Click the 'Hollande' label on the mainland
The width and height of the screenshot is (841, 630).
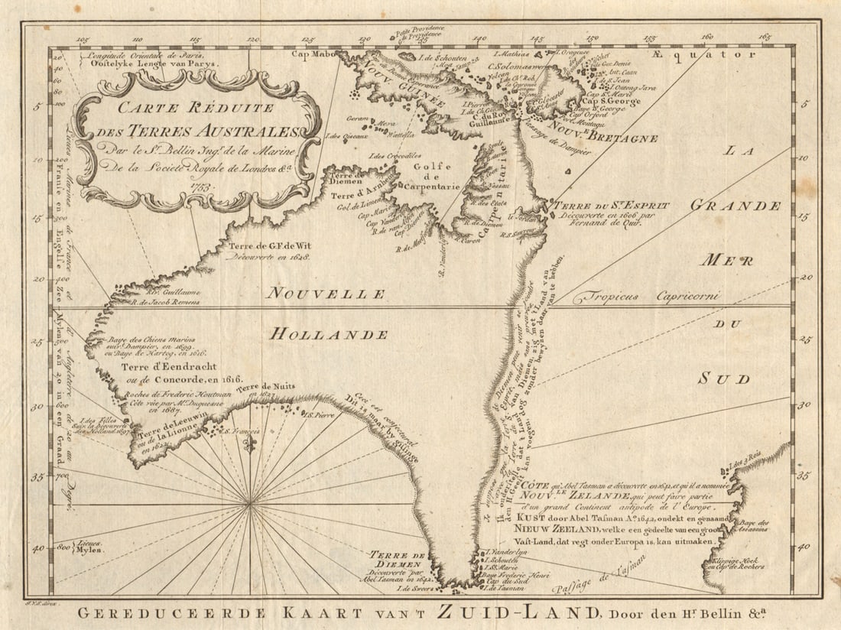coord(330,334)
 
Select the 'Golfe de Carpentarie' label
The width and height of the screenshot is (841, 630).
coord(436,174)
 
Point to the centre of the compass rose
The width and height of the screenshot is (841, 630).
coord(251,503)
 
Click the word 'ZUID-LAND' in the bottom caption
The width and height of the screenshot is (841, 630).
coord(519,612)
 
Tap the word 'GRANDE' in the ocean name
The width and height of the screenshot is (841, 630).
coord(736,206)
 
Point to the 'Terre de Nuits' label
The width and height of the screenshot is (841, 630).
coord(265,386)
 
